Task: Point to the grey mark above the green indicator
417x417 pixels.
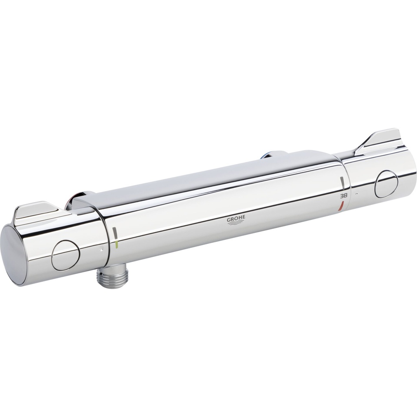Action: point(115,233)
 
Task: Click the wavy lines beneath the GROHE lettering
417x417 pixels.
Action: point(237,224)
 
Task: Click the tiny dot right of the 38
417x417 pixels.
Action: point(356,194)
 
